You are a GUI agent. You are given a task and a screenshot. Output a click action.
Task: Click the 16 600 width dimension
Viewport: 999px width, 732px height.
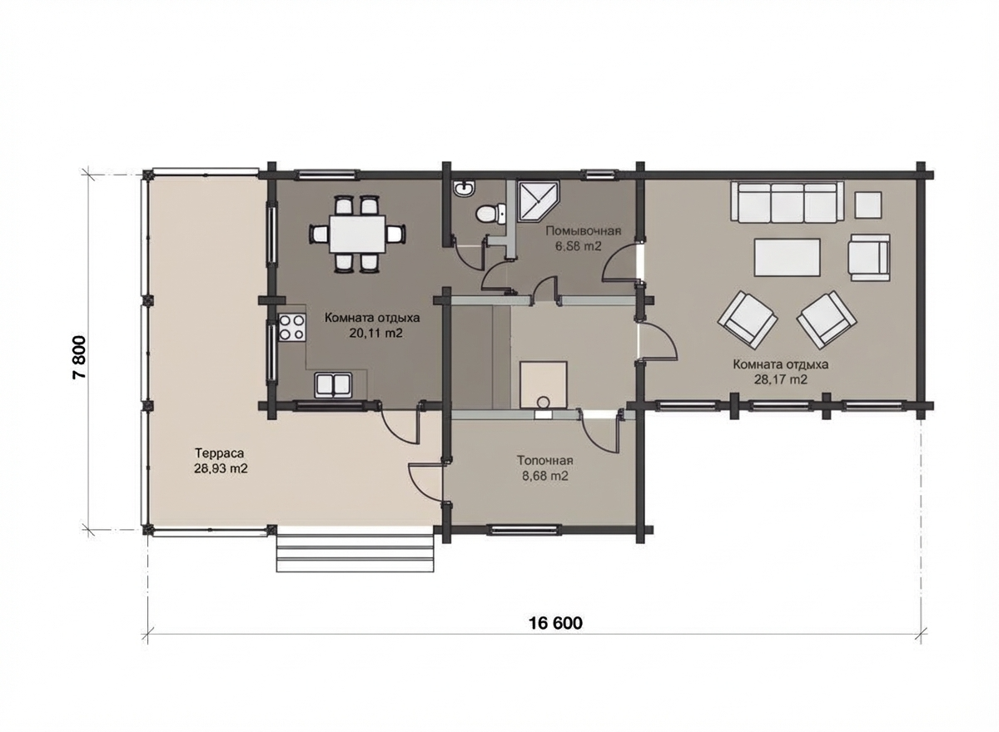[556, 623]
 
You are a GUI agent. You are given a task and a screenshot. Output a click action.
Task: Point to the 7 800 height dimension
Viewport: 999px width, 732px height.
[79, 357]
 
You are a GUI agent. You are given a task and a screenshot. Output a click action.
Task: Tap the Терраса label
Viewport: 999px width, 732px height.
[220, 453]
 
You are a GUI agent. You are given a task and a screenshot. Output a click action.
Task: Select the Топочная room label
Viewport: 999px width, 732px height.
[545, 460]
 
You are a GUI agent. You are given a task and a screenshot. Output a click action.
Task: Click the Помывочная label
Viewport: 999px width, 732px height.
[584, 231]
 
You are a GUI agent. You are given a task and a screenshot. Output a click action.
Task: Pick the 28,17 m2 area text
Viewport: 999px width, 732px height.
[781, 379]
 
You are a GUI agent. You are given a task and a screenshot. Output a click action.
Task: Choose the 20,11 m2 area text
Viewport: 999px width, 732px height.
[375, 334]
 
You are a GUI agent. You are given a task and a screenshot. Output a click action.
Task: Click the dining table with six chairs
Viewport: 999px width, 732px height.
[358, 234]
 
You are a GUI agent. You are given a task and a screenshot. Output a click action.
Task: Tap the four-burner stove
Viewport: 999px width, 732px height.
[292, 328]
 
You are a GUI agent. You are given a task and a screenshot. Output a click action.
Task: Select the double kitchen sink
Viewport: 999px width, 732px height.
[334, 385]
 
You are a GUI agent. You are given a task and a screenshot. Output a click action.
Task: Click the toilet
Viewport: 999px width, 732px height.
[490, 214]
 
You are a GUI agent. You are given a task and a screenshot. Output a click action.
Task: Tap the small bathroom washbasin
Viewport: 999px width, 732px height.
[465, 190]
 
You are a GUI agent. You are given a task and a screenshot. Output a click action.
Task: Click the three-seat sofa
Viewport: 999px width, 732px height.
[788, 202]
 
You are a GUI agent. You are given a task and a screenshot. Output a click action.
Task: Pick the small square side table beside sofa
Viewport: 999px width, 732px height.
[867, 205]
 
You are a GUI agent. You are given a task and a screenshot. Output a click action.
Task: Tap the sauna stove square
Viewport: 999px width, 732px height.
[543, 385]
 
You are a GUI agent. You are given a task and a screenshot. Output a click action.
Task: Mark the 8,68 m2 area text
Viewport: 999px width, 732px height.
[545, 476]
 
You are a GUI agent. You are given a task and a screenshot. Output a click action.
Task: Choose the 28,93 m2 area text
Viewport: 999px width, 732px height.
[221, 468]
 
